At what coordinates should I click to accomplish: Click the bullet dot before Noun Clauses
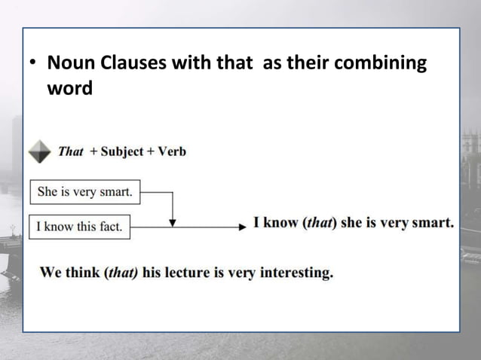[33, 65]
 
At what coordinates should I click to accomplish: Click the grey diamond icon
[39, 151]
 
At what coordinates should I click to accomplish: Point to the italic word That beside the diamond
[70, 151]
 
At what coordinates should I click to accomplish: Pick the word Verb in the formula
[171, 151]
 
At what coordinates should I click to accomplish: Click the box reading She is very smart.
[85, 192]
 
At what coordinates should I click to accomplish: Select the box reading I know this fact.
[79, 226]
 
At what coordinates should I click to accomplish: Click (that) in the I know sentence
[319, 224]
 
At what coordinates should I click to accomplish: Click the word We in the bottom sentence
[51, 273]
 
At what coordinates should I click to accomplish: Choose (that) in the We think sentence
[121, 273]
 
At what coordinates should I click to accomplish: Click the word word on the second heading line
[69, 88]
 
